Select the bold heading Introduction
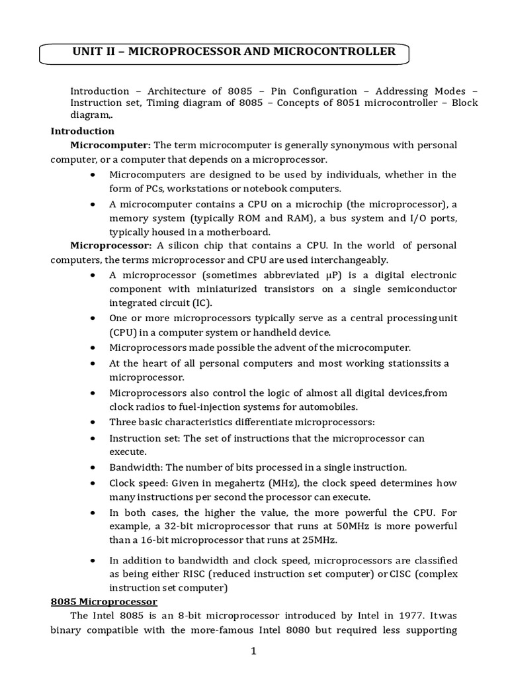(x=83, y=131)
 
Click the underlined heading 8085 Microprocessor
(x=104, y=602)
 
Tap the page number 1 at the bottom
(x=253, y=651)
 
